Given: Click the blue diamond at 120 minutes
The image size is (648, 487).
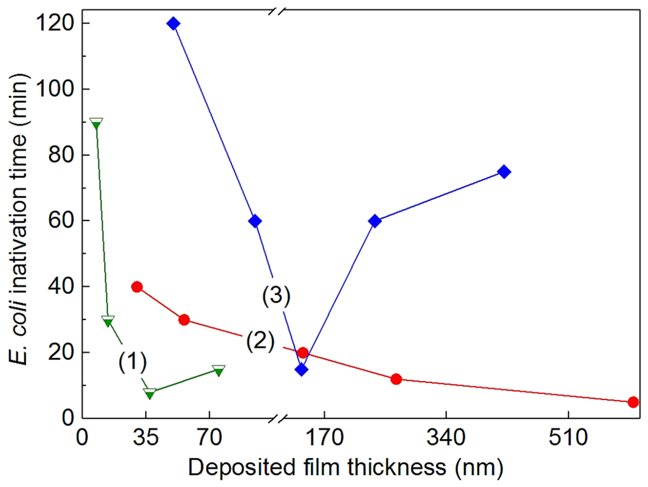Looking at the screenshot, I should pyautogui.click(x=174, y=24).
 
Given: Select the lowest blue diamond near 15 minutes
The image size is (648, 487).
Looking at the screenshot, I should pyautogui.click(x=301, y=370).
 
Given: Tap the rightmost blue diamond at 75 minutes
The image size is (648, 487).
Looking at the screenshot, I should pyautogui.click(x=504, y=172).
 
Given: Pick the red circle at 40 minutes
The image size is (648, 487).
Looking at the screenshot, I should pyautogui.click(x=137, y=287).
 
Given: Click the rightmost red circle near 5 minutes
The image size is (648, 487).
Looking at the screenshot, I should pyautogui.click(x=633, y=402).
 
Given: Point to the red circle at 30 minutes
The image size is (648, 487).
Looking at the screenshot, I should pyautogui.click(x=184, y=320).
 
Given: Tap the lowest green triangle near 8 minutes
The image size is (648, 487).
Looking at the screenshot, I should pyautogui.click(x=150, y=394).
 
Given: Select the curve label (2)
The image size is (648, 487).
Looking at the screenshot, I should pyautogui.click(x=260, y=341).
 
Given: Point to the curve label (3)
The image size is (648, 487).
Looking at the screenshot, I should pyautogui.click(x=276, y=296).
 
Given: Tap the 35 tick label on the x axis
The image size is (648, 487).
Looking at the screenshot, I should pyautogui.click(x=146, y=438).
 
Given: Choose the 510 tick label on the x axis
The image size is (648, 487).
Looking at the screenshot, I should pyautogui.click(x=568, y=438).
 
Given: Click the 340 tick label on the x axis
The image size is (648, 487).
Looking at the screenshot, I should pyautogui.click(x=446, y=438).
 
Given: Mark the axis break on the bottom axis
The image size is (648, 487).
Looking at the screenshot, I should pyautogui.click(x=278, y=419).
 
